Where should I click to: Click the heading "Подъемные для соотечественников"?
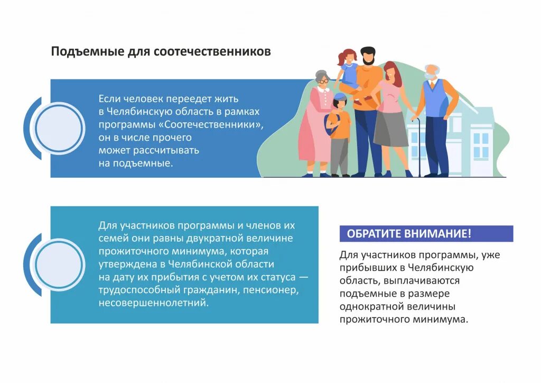click(x=161, y=52)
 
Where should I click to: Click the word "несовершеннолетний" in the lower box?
click(x=153, y=303)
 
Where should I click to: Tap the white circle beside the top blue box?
click(x=58, y=128)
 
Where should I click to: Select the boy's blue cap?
click(x=340, y=97)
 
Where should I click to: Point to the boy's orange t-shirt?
click(x=341, y=124)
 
